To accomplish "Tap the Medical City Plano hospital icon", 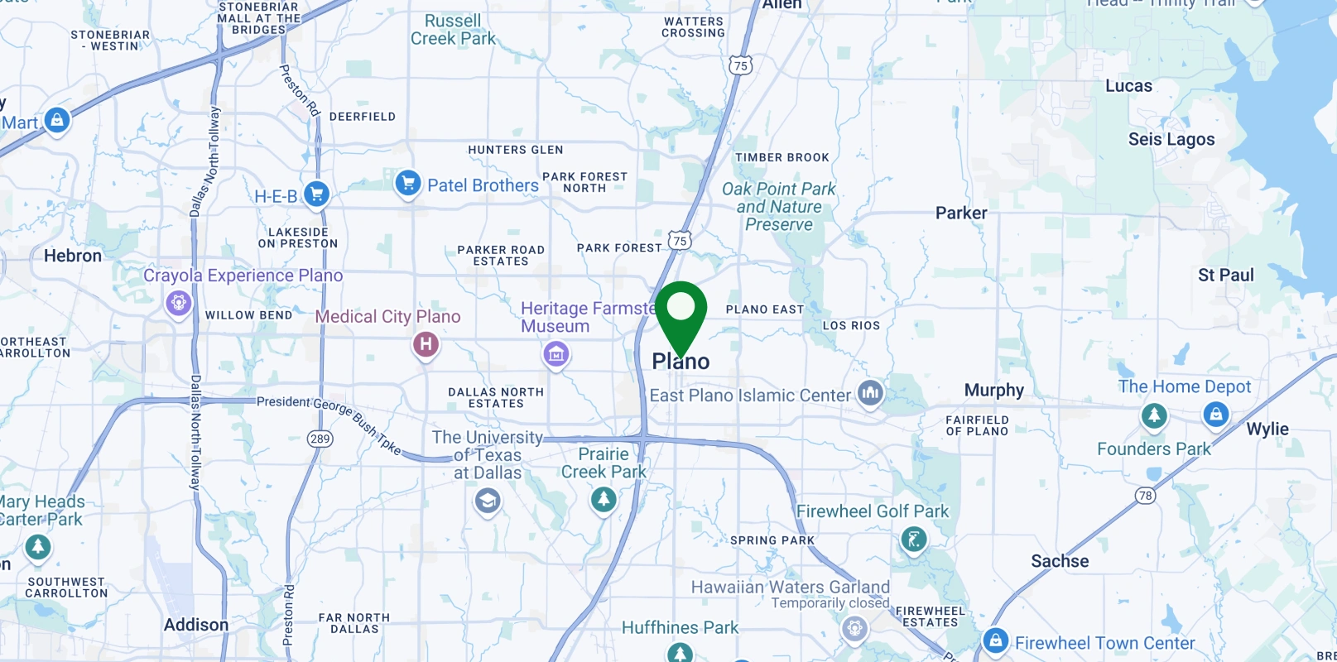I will pos(426,343).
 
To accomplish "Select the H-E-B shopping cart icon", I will pos(316,194).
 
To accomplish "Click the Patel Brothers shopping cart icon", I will pos(407,183).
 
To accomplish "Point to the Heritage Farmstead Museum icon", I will pos(555,355).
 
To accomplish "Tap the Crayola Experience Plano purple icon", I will pos(178,303).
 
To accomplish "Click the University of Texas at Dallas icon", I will pos(487,501).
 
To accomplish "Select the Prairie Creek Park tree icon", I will pos(604,499).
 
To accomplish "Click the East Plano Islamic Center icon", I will pos(870,393).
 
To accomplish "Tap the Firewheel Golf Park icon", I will pos(913,540).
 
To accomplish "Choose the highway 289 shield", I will pos(320,439).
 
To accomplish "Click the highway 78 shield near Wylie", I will pos(1145,496).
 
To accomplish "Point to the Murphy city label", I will pos(993,390).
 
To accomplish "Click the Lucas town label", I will pos(1128,86).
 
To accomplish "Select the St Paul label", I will pos(1225,275).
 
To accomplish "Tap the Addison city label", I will pos(195,625).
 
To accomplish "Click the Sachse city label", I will pos(1060,561).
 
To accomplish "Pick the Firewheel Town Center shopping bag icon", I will pos(995,640).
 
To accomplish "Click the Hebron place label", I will pos(73,256).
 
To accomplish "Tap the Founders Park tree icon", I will pos(1154,415).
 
